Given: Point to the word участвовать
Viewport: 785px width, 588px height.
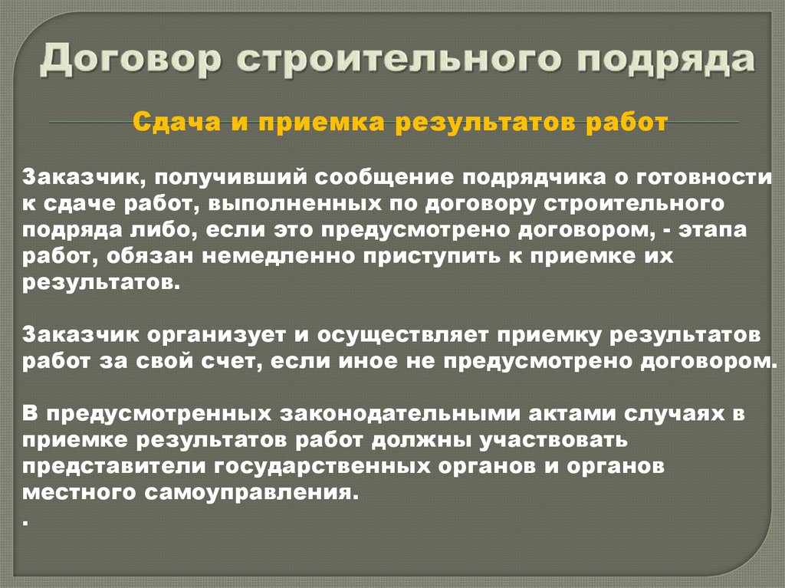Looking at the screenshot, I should [553, 441].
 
